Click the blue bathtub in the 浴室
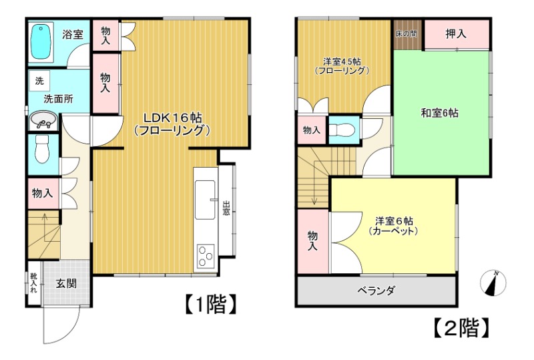[x=42, y=42]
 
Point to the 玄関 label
[x=65, y=283]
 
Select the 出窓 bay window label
[x=227, y=209]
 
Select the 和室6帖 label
[x=439, y=112]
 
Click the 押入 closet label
[x=456, y=33]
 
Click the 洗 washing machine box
[x=39, y=81]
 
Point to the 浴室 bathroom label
[x=73, y=34]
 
